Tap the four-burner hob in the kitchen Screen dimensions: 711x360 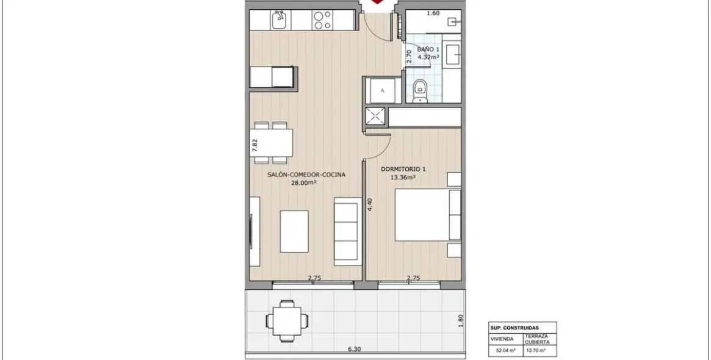point(322,20)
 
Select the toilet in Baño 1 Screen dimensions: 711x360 point(420,90)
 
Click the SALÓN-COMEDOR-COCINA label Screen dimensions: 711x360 point(306,175)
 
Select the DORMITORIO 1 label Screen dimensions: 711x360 point(403,169)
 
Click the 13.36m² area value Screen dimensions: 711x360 point(403,178)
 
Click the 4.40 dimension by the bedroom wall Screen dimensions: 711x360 point(370,206)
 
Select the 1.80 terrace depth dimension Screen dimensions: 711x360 point(461,321)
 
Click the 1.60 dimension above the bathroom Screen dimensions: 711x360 point(433,13)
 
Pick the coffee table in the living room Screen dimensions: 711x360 point(294,231)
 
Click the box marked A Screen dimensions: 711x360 point(382,90)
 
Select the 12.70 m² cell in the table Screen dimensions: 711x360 point(535,350)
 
